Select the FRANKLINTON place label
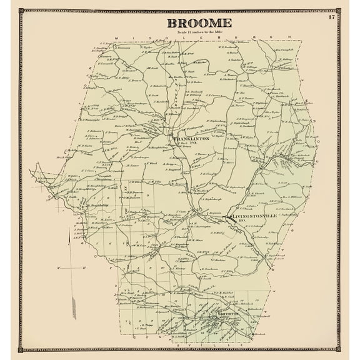[192, 138]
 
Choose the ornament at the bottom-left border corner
[21, 349]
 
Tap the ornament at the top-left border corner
[21, 11]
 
